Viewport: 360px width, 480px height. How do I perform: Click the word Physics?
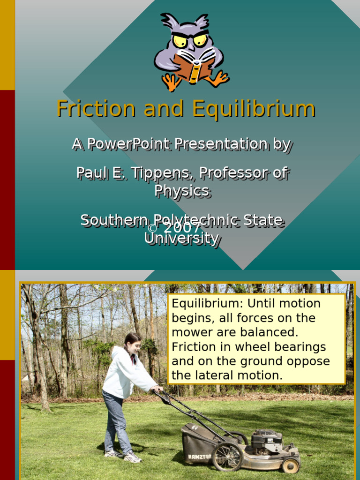pyautogui.click(x=182, y=190)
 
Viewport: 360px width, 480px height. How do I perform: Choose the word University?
pyautogui.click(x=181, y=238)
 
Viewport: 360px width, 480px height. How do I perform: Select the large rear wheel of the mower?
pyautogui.click(x=227, y=456)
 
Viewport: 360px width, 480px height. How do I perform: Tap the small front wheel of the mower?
pyautogui.click(x=290, y=465)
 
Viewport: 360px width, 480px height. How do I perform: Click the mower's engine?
pyautogui.click(x=267, y=441)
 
